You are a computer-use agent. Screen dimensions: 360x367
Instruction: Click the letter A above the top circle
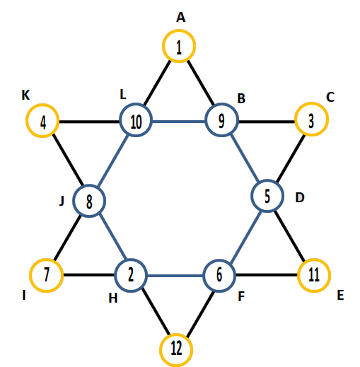pyautogui.click(x=181, y=18)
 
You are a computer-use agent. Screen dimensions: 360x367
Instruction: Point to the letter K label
pyautogui.click(x=25, y=95)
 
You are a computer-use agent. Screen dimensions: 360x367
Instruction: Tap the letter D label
pyautogui.click(x=300, y=197)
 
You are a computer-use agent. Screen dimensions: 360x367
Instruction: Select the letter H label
pyautogui.click(x=113, y=298)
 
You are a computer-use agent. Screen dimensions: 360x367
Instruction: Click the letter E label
pyautogui.click(x=340, y=295)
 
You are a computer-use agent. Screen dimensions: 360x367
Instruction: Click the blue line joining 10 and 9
pyautogui.click(x=179, y=122)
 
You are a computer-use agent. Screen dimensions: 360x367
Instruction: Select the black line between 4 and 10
pyautogui.click(x=89, y=122)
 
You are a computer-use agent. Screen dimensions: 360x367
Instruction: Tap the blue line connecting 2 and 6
pyautogui.click(x=175, y=276)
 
